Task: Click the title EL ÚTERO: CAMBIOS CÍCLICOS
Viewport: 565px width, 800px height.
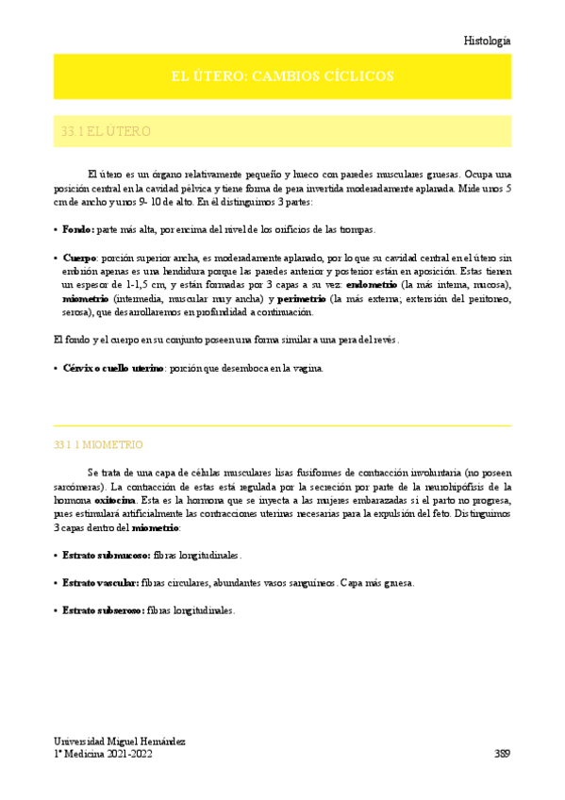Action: (282, 76)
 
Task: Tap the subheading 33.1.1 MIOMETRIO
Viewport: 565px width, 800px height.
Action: (99, 443)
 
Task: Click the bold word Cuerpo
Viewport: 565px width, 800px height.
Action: (79, 257)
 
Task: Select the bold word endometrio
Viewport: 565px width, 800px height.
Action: (372, 285)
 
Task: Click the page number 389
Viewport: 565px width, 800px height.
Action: (502, 754)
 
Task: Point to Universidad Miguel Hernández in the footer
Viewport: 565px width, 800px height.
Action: (119, 742)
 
